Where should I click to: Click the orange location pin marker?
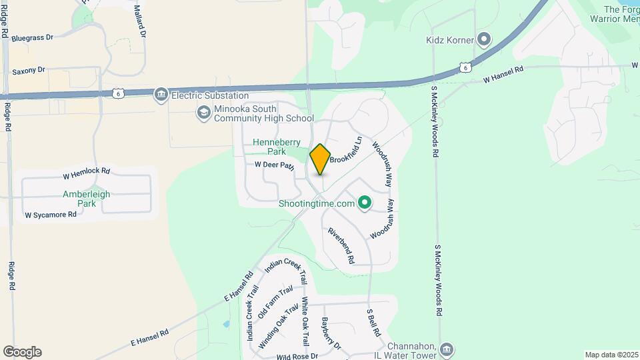pos(320,159)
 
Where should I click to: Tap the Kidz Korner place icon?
pos(484,41)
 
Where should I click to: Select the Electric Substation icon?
pos(161,95)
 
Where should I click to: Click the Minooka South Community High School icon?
pos(203,112)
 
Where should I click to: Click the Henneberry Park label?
pos(274,147)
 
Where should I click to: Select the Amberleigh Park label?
pos(86,199)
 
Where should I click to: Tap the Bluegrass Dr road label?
pos(32,38)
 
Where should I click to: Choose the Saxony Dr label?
pos(29,70)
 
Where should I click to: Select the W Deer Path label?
pos(274,165)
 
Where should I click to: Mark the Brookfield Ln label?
pos(349,151)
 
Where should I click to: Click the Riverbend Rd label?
pos(341,245)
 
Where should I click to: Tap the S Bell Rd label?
pos(373,321)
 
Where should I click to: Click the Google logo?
pos(22,351)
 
